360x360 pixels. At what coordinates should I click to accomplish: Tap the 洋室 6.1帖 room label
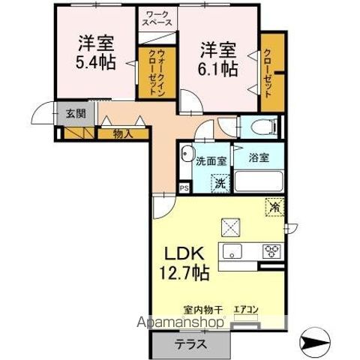[x=218, y=60]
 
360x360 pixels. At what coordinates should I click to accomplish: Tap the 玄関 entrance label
[x=75, y=114]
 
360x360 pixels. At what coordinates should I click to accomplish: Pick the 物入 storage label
[x=122, y=134]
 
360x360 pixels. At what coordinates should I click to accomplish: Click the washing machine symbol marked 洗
[x=220, y=181]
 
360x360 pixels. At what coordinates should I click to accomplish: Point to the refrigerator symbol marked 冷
[x=273, y=205]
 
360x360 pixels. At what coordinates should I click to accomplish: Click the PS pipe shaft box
[x=184, y=188]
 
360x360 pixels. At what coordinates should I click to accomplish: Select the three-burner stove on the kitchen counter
[x=269, y=250]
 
